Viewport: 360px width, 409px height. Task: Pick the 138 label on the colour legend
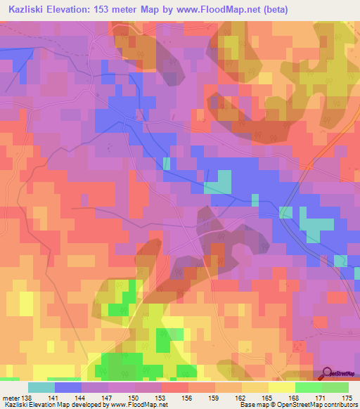27,398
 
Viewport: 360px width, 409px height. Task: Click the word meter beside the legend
11,398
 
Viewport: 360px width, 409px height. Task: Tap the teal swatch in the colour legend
41,387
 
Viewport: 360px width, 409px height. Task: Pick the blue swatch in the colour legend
67,387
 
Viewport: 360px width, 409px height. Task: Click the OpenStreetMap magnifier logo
327,373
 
